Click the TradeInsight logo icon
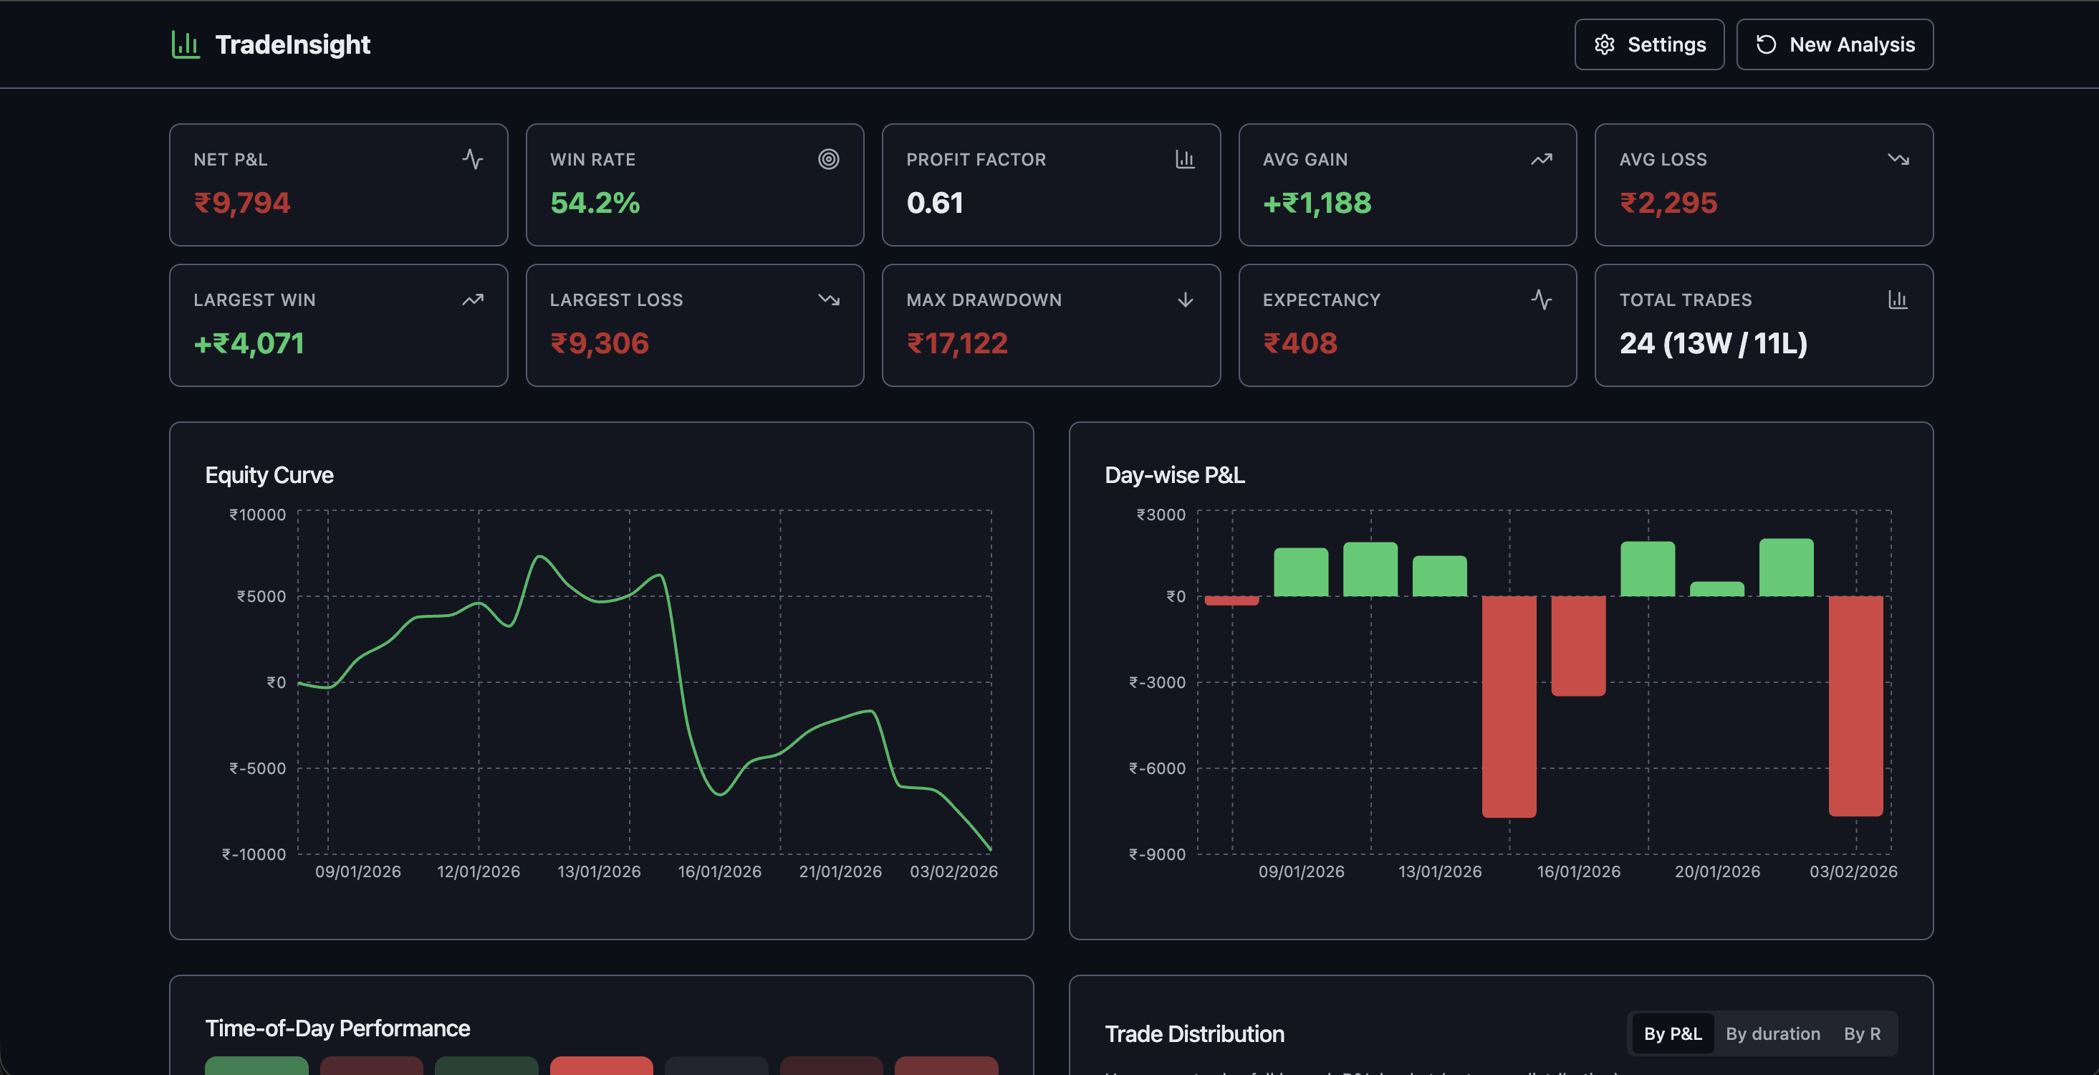[186, 45]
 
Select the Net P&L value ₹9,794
[242, 203]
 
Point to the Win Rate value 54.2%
[595, 203]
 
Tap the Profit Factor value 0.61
[935, 203]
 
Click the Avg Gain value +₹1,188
[1317, 203]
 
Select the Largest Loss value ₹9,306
[600, 343]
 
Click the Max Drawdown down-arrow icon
[1185, 300]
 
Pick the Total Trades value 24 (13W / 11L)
[1713, 343]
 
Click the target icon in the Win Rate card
[828, 159]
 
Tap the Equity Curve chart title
[269, 475]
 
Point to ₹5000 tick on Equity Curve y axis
[261, 596]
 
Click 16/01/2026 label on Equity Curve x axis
[719, 871]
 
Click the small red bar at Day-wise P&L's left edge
[1231, 601]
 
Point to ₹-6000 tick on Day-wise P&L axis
[1157, 768]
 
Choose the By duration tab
[1772, 1033]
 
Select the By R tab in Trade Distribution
[1862, 1033]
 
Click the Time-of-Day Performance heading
[337, 1028]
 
